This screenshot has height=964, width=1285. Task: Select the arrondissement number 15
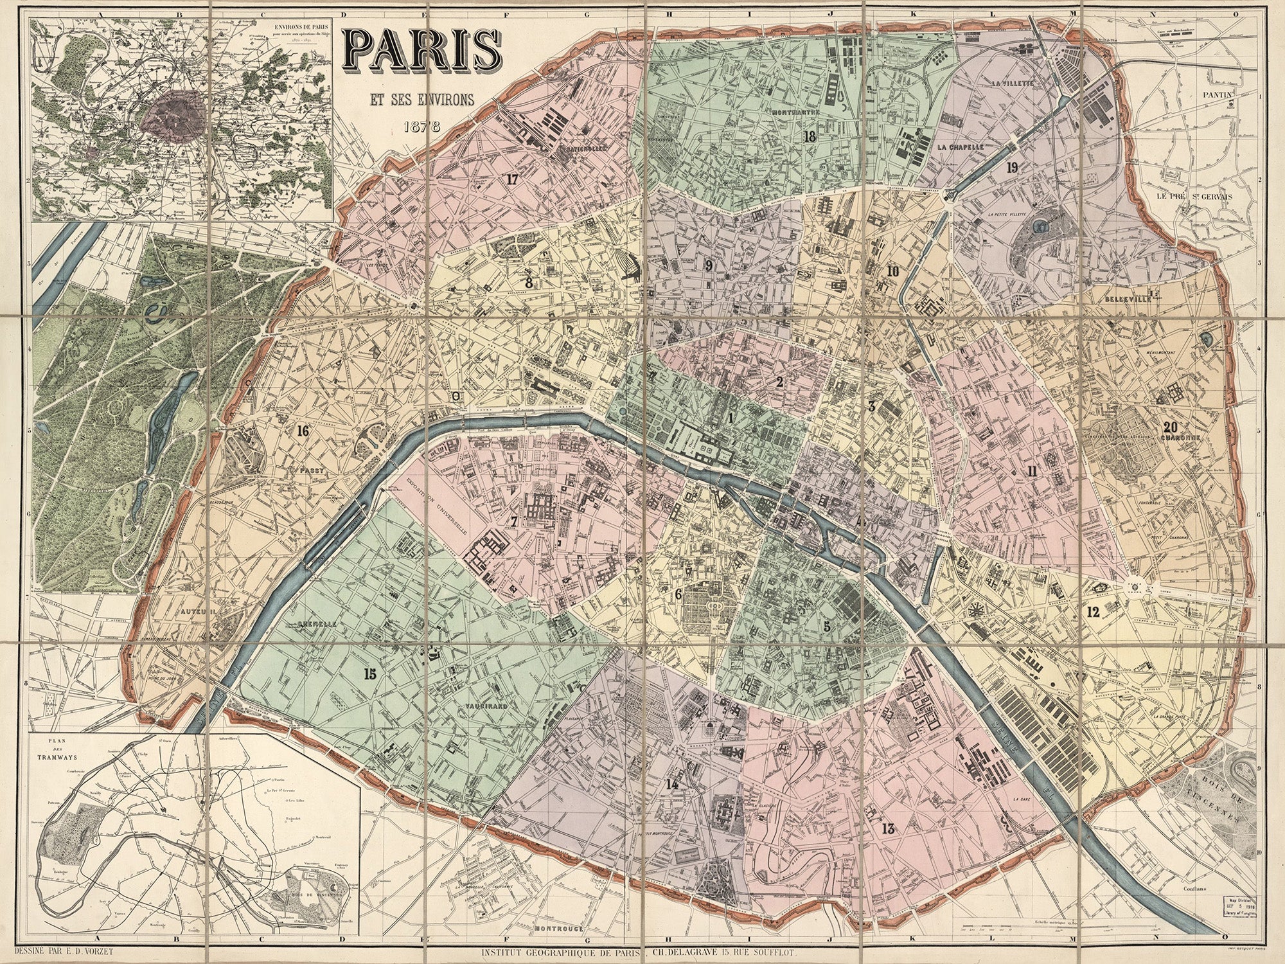tap(369, 674)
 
